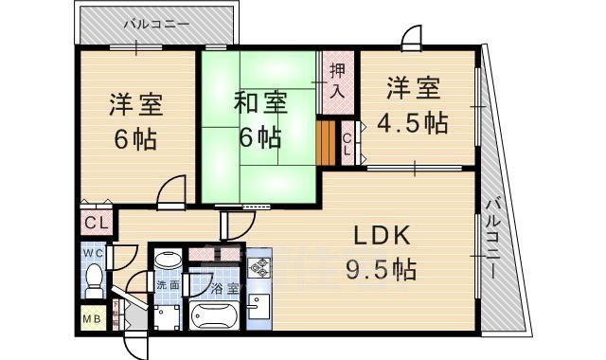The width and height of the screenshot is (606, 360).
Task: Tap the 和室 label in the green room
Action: click(256, 99)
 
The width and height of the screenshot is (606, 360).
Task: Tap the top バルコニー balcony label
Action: click(155, 21)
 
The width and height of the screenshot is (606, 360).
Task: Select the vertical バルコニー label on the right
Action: click(494, 238)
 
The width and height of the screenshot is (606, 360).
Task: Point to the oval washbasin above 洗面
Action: click(168, 259)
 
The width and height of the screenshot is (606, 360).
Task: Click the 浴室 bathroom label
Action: click(224, 286)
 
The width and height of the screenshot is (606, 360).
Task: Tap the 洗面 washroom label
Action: click(168, 285)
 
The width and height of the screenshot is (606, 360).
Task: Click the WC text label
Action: click(92, 253)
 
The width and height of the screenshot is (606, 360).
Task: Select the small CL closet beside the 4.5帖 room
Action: click(348, 142)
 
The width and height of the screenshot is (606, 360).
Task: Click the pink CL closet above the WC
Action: click(96, 224)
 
